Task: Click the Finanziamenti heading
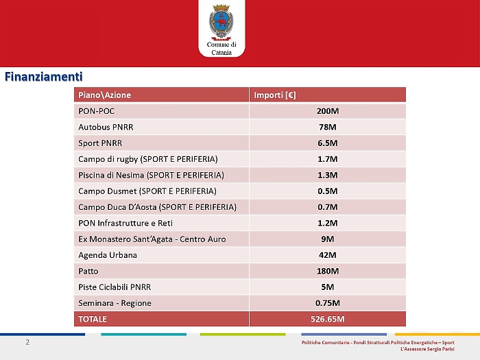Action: [x=44, y=76]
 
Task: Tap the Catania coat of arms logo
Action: [x=221, y=23]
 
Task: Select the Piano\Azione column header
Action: [x=105, y=95]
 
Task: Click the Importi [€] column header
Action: [x=275, y=95]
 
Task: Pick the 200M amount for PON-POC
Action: [x=328, y=111]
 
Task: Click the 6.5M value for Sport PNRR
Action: [x=328, y=143]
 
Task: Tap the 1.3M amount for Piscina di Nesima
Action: [x=328, y=175]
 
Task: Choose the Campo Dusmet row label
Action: [x=147, y=191]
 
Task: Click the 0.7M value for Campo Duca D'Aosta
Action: [x=328, y=207]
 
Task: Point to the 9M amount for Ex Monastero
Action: [x=328, y=239]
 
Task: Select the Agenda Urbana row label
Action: [x=108, y=255]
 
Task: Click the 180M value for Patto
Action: [x=328, y=271]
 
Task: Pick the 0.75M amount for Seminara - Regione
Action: [x=328, y=303]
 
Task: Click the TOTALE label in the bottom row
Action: [x=93, y=319]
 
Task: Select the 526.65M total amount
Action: [x=328, y=319]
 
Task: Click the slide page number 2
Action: [x=27, y=341]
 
